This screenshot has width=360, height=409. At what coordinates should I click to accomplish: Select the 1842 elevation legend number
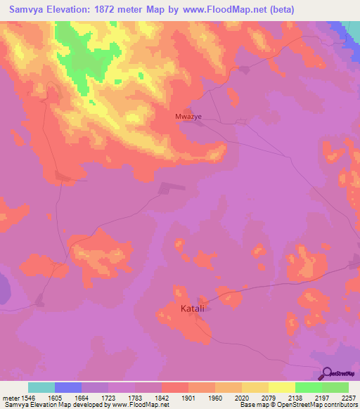pyautogui.click(x=162, y=398)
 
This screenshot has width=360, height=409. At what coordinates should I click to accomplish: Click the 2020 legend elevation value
pyautogui.click(x=241, y=398)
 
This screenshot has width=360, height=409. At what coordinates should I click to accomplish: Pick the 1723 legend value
pyautogui.click(x=108, y=398)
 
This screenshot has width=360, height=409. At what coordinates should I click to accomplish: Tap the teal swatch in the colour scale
pyautogui.click(x=41, y=387)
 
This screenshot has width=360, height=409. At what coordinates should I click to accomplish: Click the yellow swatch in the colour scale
pyautogui.click(x=281, y=387)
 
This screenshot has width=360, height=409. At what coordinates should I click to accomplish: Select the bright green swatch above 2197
pyautogui.click(x=308, y=387)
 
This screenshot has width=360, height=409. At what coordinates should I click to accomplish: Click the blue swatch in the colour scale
pyautogui.click(x=68, y=387)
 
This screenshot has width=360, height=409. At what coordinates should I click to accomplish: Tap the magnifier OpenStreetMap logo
pyautogui.click(x=328, y=374)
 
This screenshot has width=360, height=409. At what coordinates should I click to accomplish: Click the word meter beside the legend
pyautogui.click(x=12, y=398)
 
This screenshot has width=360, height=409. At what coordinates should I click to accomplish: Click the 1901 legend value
pyautogui.click(x=188, y=398)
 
